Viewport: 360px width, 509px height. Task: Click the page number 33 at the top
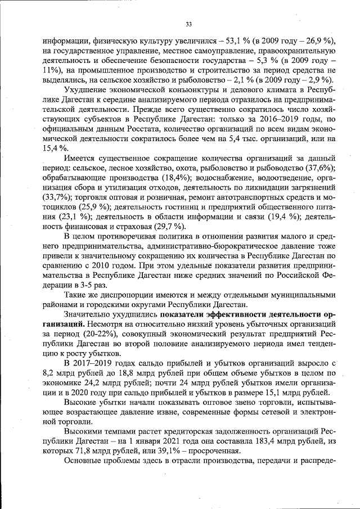pyautogui.click(x=188, y=24)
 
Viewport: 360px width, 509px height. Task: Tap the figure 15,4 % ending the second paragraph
pyautogui.click(x=55, y=147)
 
